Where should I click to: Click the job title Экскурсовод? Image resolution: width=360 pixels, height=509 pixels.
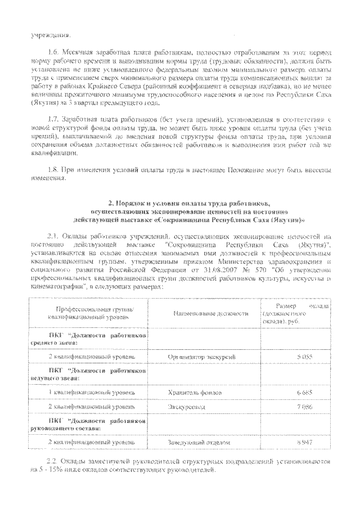coord(187,406)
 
